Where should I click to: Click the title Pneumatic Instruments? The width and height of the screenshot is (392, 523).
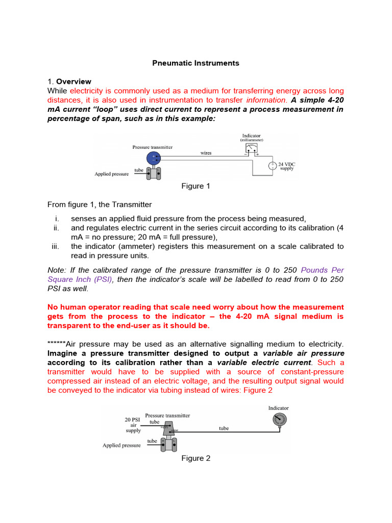tap(196, 63)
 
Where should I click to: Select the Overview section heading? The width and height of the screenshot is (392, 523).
tap(73, 81)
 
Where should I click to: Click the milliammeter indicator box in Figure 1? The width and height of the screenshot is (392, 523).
tap(251, 148)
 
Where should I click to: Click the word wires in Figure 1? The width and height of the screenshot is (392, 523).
tap(206, 153)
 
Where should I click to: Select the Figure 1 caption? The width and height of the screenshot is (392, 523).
tap(195, 186)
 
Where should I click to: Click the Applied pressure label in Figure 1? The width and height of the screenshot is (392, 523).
tap(111, 174)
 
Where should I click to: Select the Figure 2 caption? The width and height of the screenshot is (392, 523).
tap(195, 458)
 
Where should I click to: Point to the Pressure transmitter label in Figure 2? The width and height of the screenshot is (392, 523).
tap(167, 416)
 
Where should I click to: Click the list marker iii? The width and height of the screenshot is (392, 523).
tap(56, 246)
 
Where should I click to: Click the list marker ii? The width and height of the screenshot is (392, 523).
tap(57, 228)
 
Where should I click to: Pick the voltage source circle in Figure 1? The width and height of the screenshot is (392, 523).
tap(273, 165)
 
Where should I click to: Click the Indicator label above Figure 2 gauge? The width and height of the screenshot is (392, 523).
tap(278, 408)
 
